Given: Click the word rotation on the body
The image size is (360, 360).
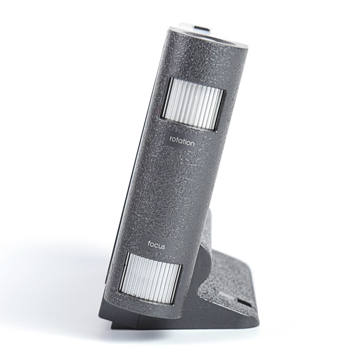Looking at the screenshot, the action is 182,141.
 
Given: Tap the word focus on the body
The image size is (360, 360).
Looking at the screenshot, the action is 156,246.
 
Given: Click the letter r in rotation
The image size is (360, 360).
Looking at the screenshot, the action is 171,139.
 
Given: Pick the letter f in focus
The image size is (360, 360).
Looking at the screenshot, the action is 149,244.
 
